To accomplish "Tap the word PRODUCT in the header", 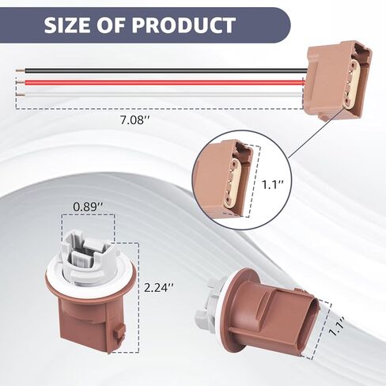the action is pyautogui.click(x=184, y=25).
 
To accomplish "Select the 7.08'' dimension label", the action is pyautogui.click(x=135, y=120).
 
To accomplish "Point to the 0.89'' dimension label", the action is pyautogui.click(x=88, y=207).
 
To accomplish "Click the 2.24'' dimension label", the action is pyautogui.click(x=159, y=287).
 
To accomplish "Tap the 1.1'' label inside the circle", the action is pyautogui.click(x=272, y=184).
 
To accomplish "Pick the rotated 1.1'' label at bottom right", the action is pyautogui.click(x=337, y=326).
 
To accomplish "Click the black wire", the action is pyautogui.click(x=165, y=70).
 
